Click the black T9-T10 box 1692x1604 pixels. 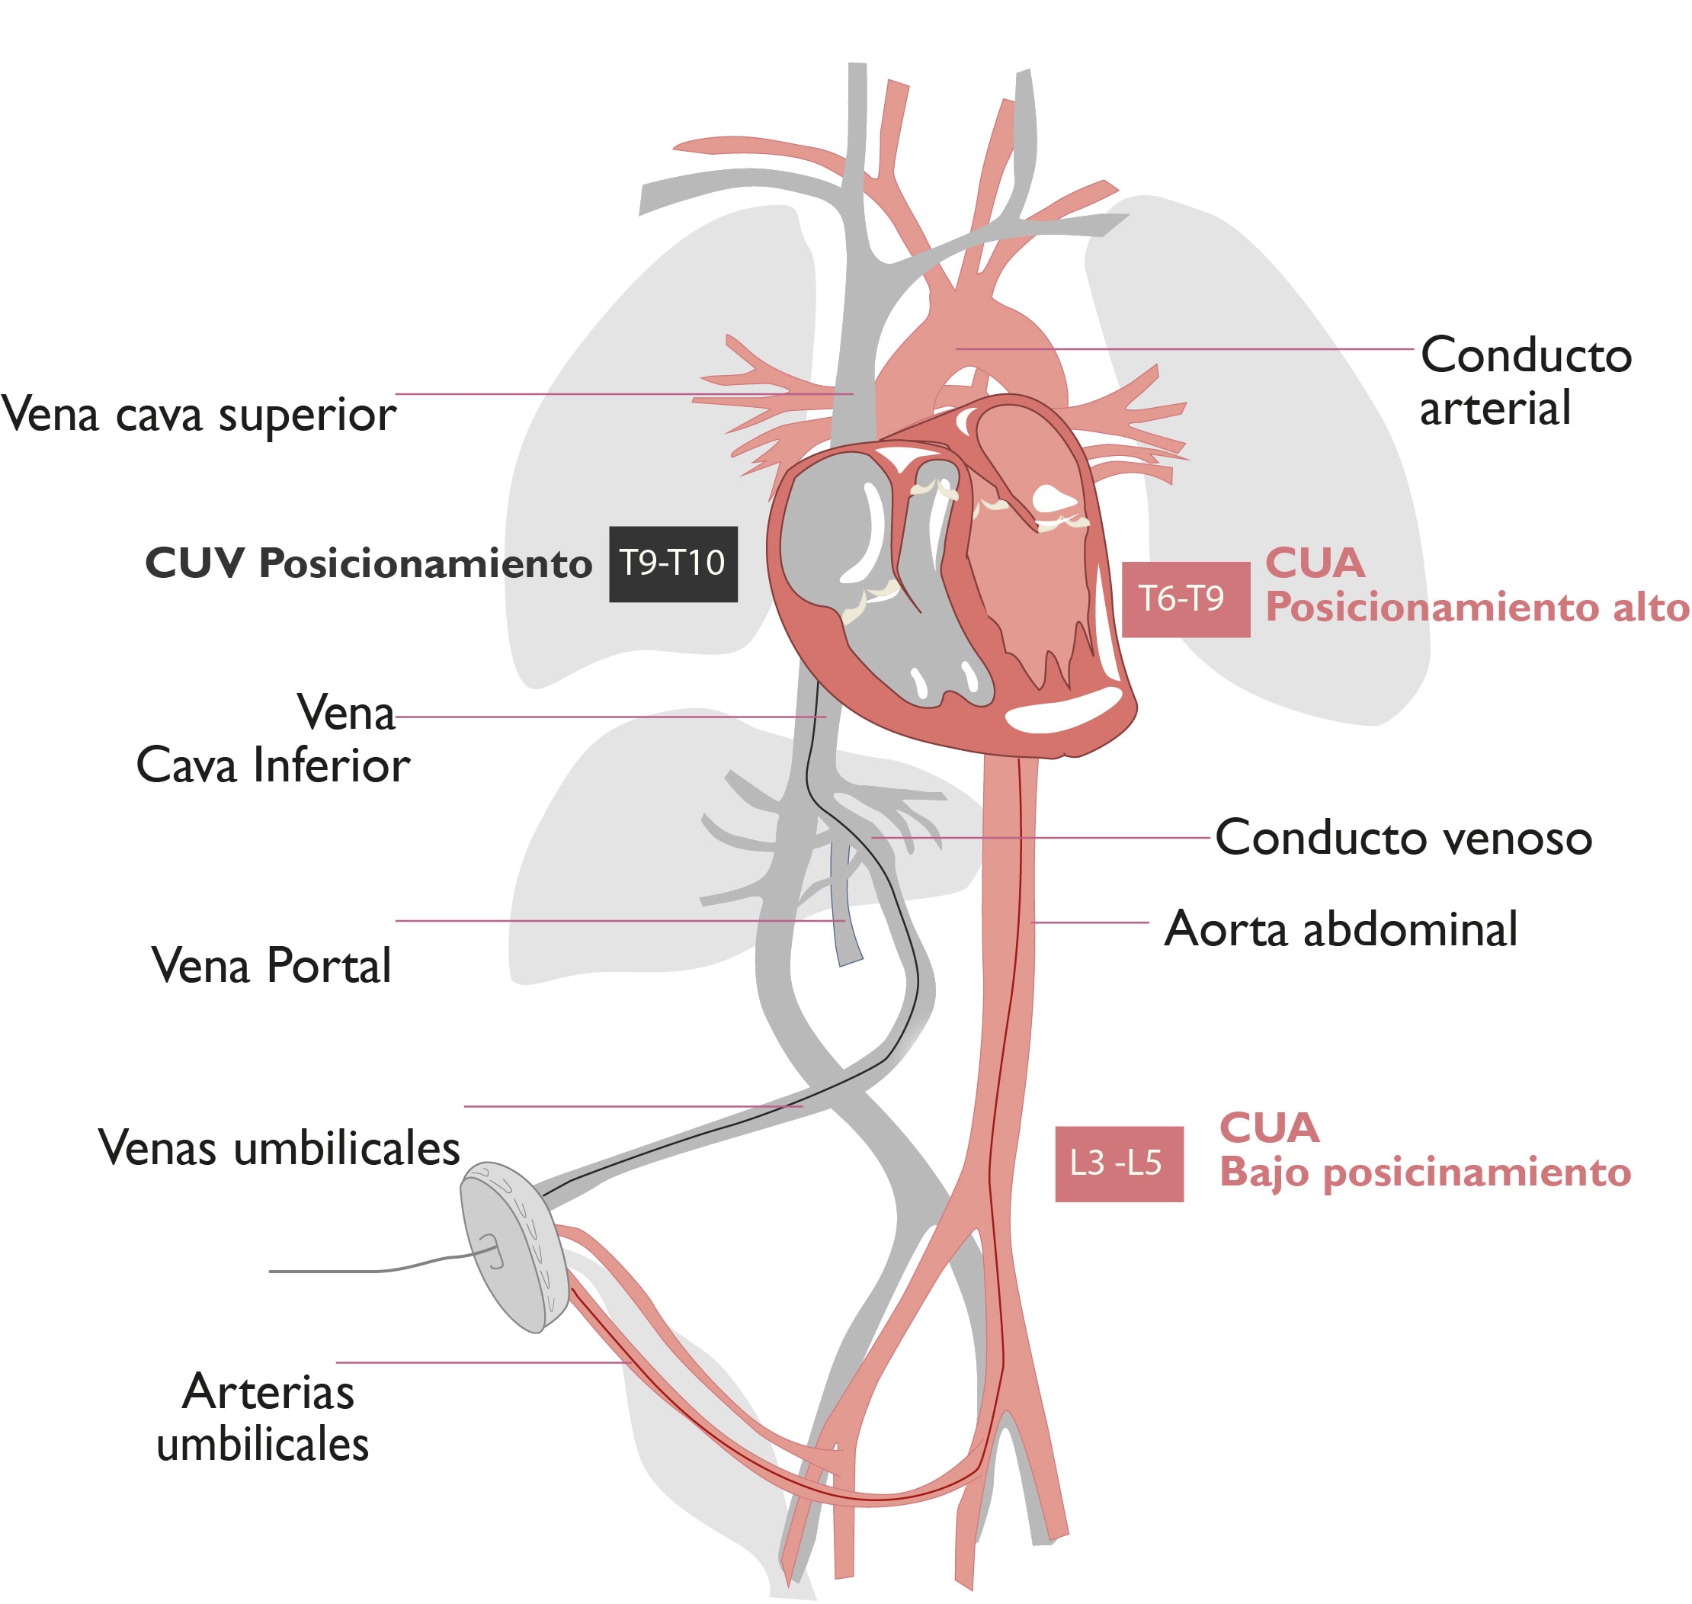(x=673, y=563)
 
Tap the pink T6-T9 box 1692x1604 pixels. (x=1185, y=599)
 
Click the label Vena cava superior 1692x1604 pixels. (x=198, y=415)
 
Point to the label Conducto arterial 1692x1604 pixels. (x=1525, y=380)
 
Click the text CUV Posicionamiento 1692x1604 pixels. (x=368, y=563)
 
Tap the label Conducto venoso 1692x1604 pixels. (x=1403, y=838)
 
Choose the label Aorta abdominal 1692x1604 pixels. (x=1341, y=929)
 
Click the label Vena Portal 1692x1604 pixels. (x=271, y=966)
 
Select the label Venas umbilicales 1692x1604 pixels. (x=280, y=1148)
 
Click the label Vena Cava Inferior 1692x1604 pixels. (x=274, y=739)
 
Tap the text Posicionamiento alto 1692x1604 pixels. (x=1476, y=608)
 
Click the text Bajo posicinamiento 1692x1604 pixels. (x=1425, y=1173)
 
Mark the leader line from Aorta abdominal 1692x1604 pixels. (x=1091, y=922)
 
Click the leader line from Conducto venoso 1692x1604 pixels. (x=1043, y=837)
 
